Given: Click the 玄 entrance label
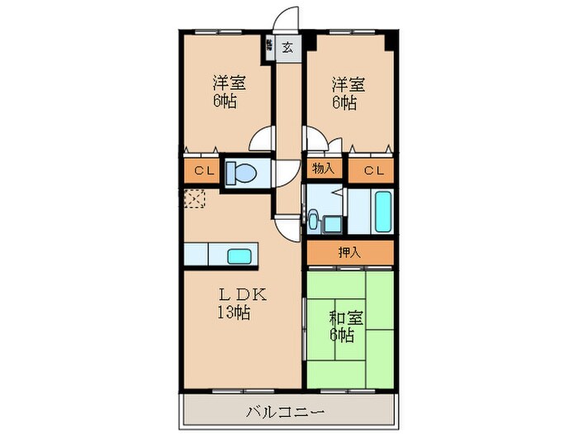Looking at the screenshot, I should tap(287, 47).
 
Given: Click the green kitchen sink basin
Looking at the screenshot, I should tap(239, 255).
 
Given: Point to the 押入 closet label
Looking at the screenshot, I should tap(349, 253).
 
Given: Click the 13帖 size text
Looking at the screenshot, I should tap(234, 312).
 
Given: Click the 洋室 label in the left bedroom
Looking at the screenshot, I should tap(229, 83).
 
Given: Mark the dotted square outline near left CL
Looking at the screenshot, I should tap(194, 198).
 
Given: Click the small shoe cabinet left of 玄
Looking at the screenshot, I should tap(269, 47).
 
